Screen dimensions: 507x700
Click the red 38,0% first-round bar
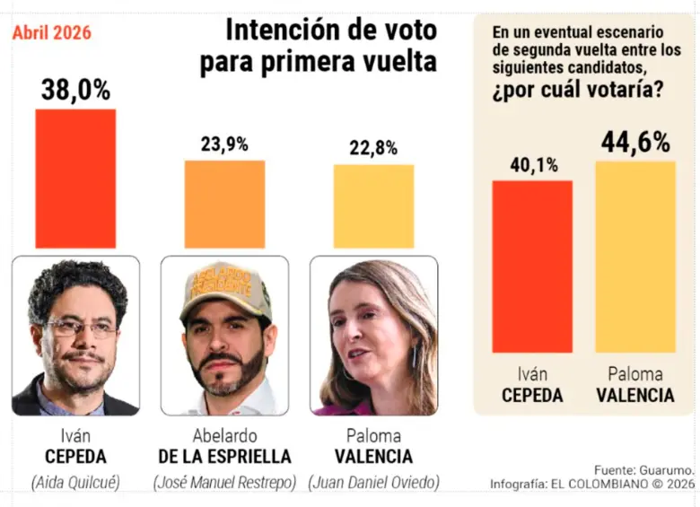(75, 178)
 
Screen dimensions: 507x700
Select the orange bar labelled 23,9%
(224, 204)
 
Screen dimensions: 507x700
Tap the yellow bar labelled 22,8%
(373, 205)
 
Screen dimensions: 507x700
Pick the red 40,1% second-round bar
(532, 267)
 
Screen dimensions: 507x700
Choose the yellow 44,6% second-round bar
(634, 257)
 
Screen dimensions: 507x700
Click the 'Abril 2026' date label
(51, 34)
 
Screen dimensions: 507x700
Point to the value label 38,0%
(75, 90)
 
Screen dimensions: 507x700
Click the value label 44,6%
(634, 142)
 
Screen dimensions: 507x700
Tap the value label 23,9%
(224, 144)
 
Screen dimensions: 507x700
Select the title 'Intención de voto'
(330, 31)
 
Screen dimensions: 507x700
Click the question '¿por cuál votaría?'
(578, 91)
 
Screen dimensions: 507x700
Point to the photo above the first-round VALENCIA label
(373, 336)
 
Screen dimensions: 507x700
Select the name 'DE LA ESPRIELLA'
(224, 457)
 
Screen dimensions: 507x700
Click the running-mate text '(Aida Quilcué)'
(75, 483)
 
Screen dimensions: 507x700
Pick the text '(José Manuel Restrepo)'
(224, 483)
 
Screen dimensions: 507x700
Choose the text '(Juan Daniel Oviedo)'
(373, 483)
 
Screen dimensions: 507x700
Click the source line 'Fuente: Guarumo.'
(643, 469)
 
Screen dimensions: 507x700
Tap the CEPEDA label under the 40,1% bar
(532, 395)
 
